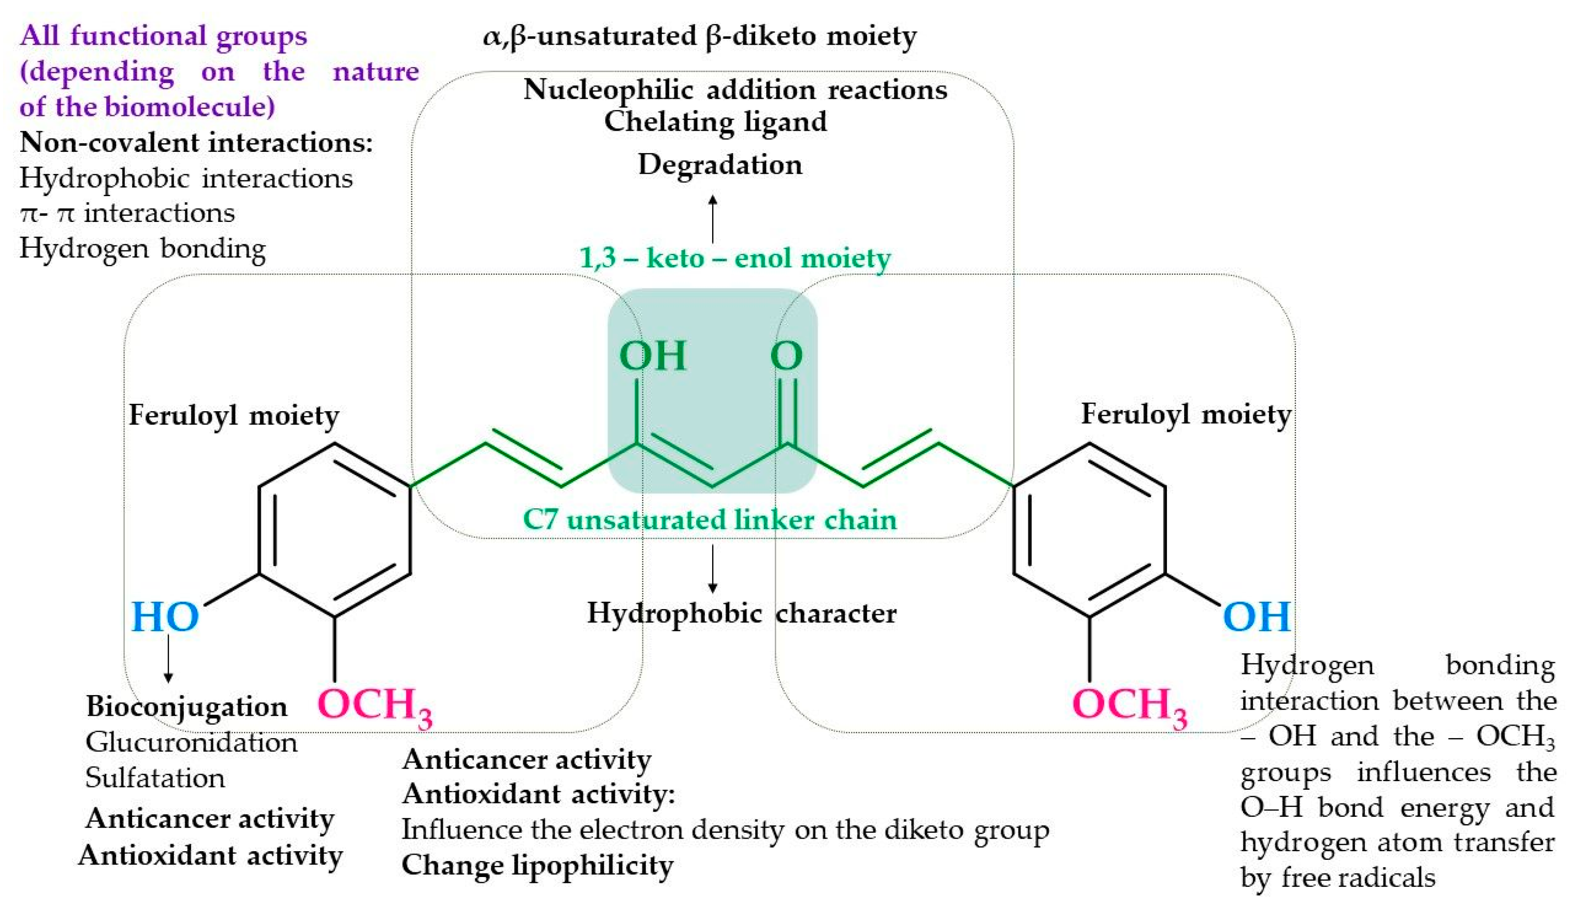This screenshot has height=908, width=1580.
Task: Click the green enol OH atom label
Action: coord(652,356)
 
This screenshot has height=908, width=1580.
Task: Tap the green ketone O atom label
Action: coord(787,356)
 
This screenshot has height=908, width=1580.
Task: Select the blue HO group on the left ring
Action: coord(165,617)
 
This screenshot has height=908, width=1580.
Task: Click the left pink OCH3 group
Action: coord(375,706)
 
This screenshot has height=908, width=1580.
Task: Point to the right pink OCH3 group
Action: coord(1129,706)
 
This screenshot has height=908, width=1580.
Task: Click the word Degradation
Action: coord(720,165)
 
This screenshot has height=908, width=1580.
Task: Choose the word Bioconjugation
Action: coord(186,707)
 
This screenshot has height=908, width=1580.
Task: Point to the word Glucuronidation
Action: coord(191,742)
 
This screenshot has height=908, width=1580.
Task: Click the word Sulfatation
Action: coord(155,778)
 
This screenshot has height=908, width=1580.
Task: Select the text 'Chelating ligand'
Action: coord(716,121)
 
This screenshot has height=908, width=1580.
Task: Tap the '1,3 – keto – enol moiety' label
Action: coord(735,258)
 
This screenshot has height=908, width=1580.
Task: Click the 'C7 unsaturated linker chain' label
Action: coord(710,520)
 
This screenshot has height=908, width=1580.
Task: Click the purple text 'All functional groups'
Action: coord(164,36)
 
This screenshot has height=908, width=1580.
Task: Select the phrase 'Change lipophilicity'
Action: coord(538,865)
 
